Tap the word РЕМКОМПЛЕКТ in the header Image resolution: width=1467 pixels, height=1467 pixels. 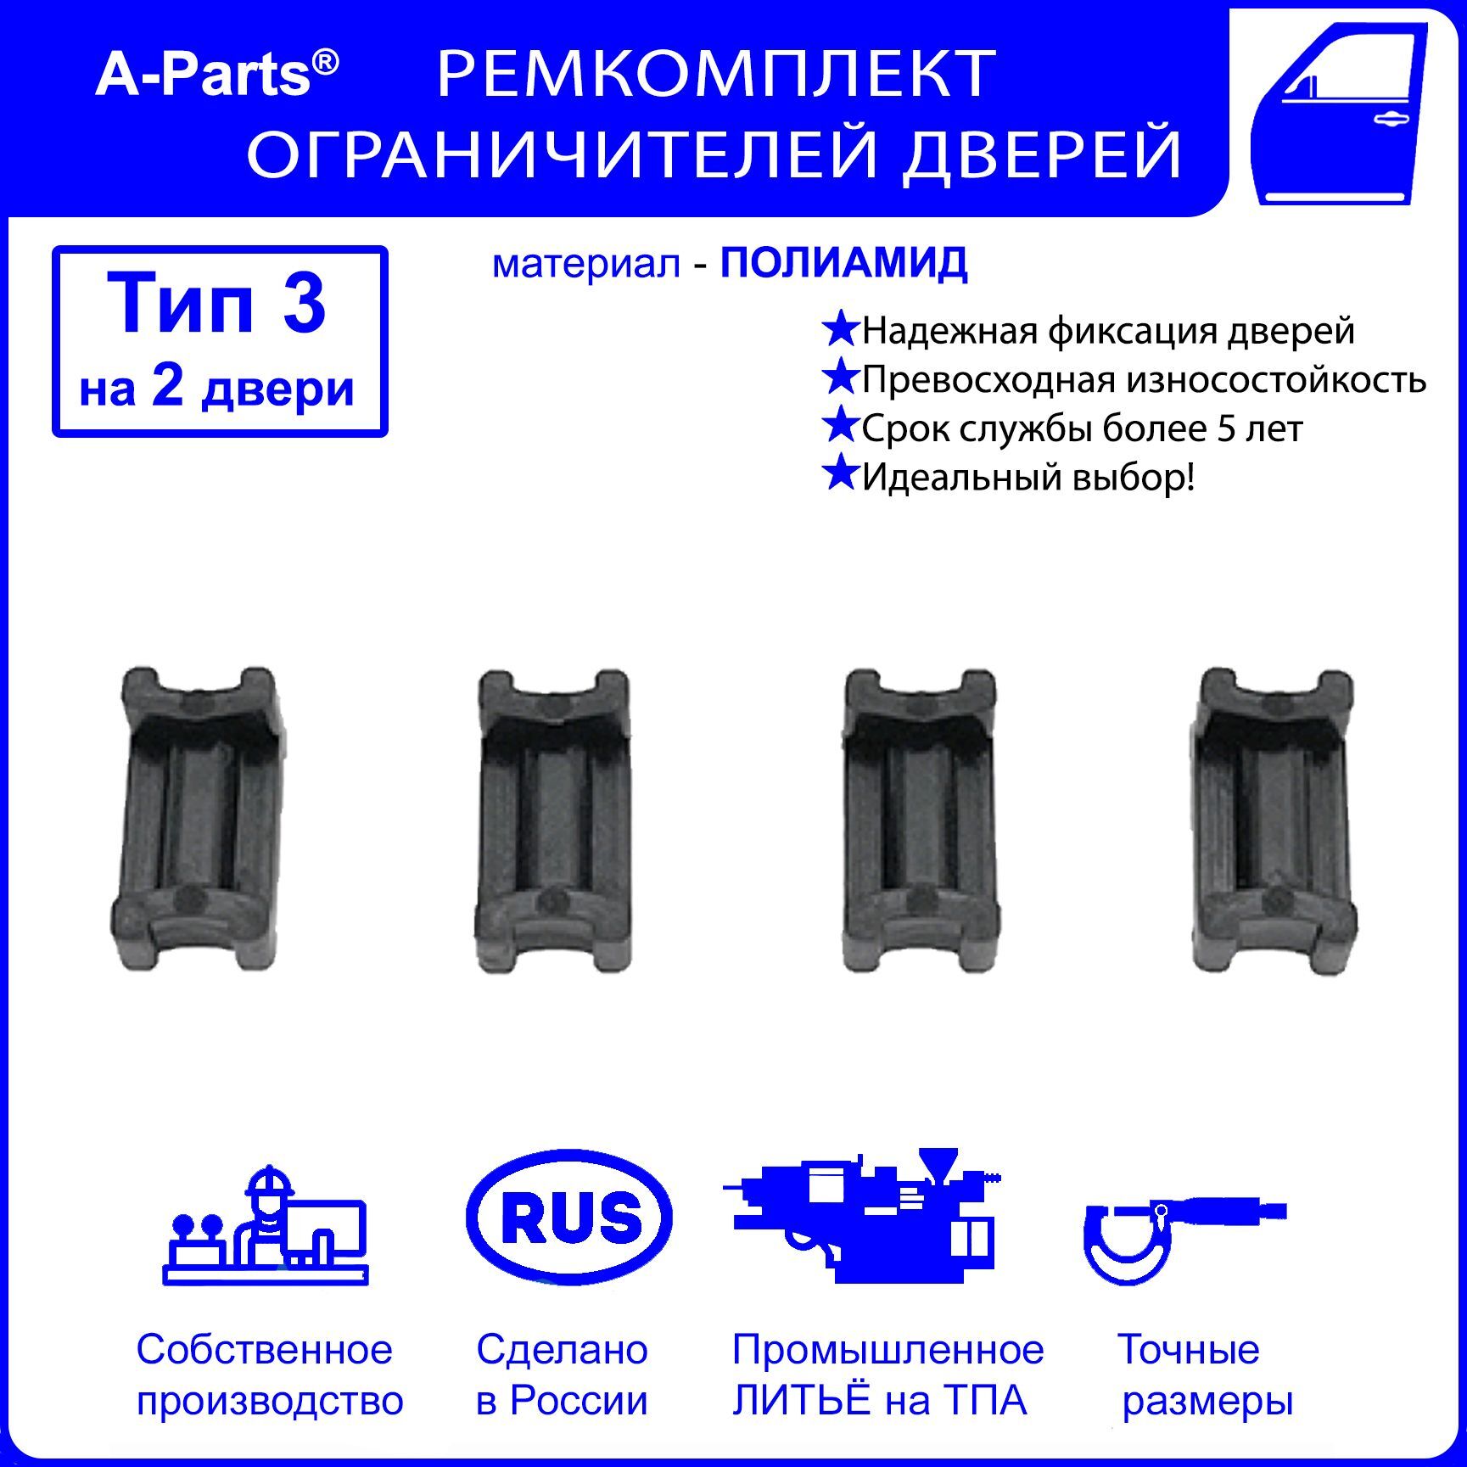pos(716,74)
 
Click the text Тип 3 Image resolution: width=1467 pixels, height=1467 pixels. pos(217,303)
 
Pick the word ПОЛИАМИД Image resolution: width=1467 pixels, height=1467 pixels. pos(843,264)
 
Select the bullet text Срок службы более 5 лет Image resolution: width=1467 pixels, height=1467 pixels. pos(1082,428)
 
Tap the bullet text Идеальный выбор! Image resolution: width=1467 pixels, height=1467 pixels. pos(1028,478)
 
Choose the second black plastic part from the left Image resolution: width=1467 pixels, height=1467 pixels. pos(553,820)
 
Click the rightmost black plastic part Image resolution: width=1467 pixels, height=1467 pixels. pos(1274,820)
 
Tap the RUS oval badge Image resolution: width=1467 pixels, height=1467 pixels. pos(569,1218)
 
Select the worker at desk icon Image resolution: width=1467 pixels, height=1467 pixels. pos(266,1224)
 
